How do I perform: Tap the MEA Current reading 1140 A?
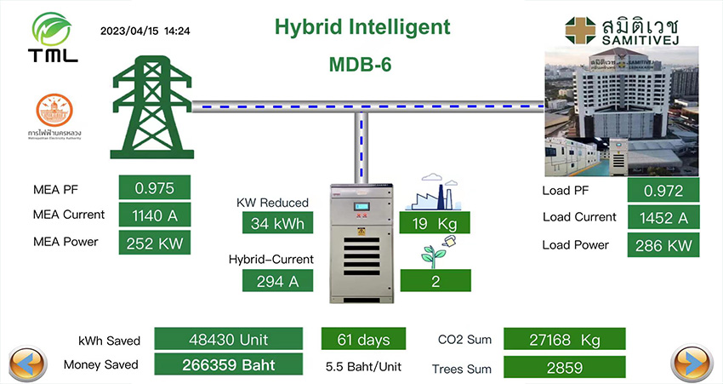point(153,215)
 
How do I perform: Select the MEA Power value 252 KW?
point(153,242)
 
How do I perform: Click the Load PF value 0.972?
point(663,191)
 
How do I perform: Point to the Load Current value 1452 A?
point(663,218)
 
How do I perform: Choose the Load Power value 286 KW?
point(663,245)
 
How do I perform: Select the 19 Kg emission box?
point(435,224)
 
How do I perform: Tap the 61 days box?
point(363,340)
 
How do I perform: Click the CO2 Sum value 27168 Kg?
point(564,340)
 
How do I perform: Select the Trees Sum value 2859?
point(564,368)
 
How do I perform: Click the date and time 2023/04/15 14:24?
point(145,31)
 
